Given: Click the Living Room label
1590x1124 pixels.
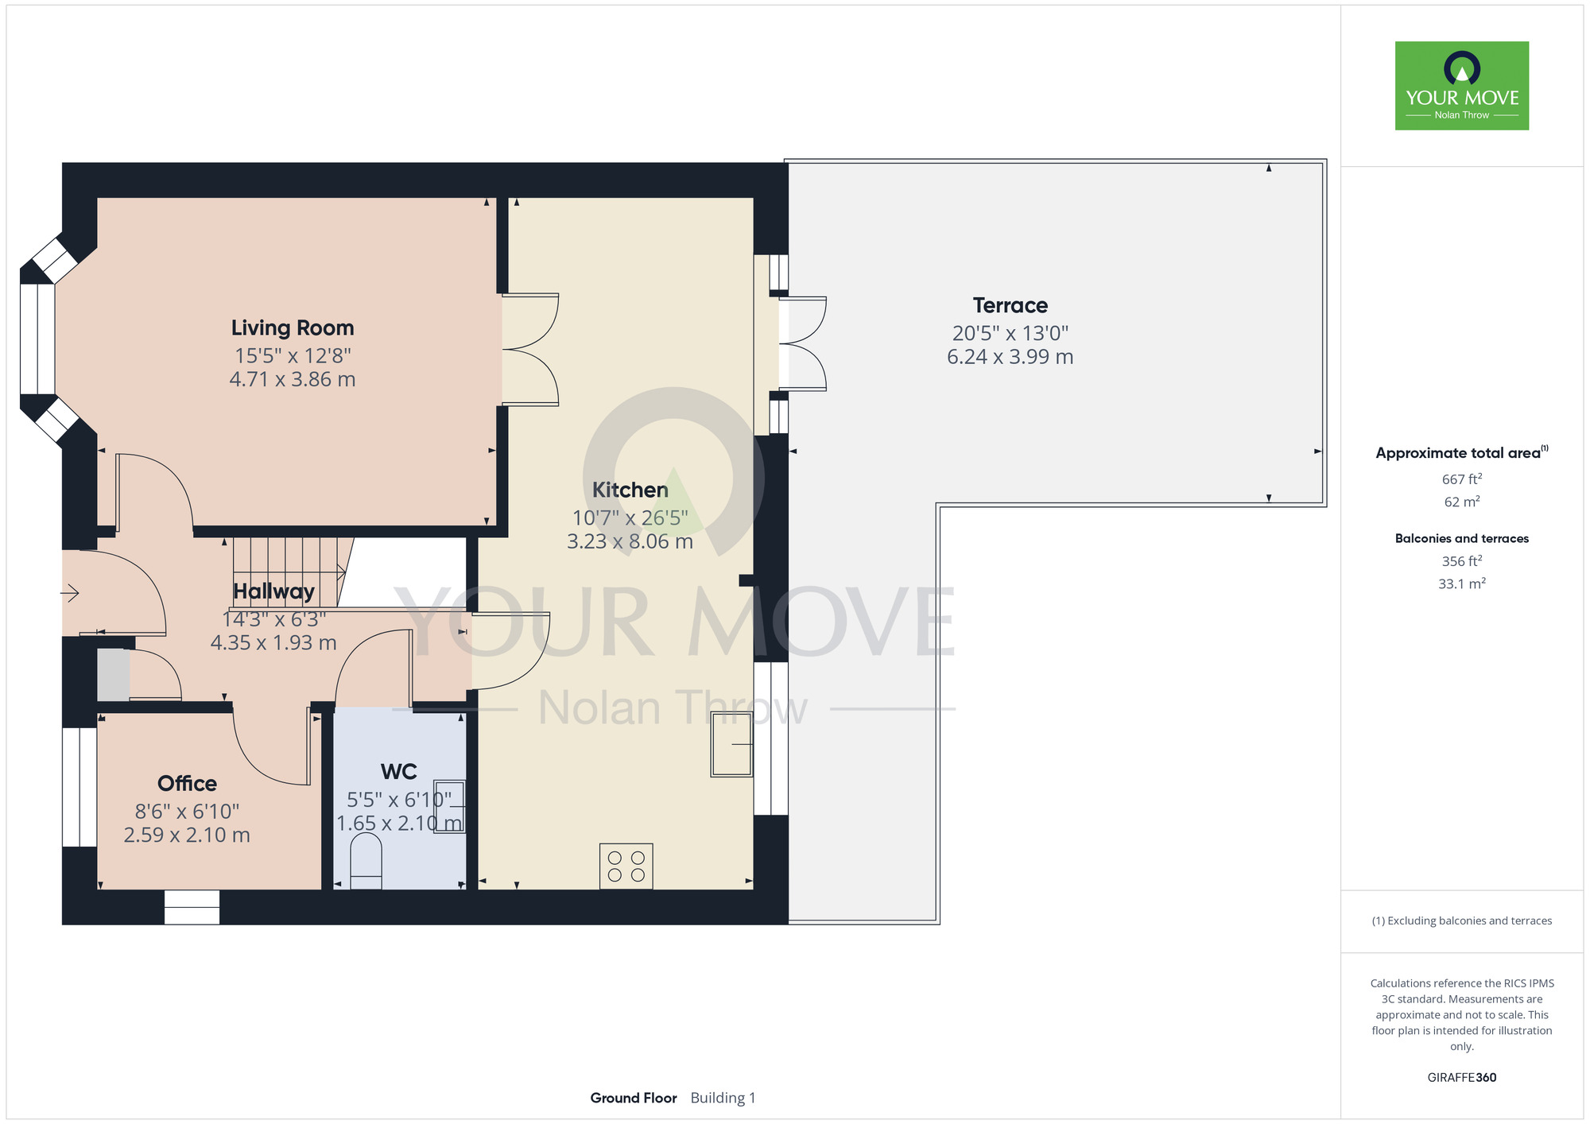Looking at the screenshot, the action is point(293,328).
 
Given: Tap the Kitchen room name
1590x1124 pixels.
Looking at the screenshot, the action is point(630,490).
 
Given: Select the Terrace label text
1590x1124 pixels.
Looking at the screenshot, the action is point(1010,305).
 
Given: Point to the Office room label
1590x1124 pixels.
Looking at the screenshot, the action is point(187,783).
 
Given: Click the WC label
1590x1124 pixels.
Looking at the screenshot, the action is point(399,772).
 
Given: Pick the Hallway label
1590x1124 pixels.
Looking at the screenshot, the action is point(273,591).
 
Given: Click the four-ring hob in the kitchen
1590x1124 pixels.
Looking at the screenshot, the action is point(626,866).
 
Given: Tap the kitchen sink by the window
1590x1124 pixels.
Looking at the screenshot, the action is point(731,744).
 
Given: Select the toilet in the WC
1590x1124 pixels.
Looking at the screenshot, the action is point(366,861).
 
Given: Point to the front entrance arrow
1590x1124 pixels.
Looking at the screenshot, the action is point(70,593).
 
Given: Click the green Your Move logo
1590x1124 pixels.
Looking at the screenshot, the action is point(1462,86).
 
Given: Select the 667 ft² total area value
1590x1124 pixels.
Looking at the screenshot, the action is point(1462,479).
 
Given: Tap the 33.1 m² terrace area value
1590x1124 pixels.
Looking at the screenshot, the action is point(1462,583).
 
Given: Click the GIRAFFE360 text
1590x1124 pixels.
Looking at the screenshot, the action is point(1462,1078).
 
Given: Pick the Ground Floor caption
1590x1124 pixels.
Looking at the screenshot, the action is point(634,1098).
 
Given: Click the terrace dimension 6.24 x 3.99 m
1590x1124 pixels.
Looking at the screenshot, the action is point(1010,357).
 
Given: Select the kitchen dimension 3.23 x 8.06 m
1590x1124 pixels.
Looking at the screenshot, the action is point(630,542).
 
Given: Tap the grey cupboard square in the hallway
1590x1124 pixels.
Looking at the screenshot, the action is point(114,675).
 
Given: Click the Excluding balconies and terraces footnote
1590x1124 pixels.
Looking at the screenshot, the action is point(1462,921).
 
